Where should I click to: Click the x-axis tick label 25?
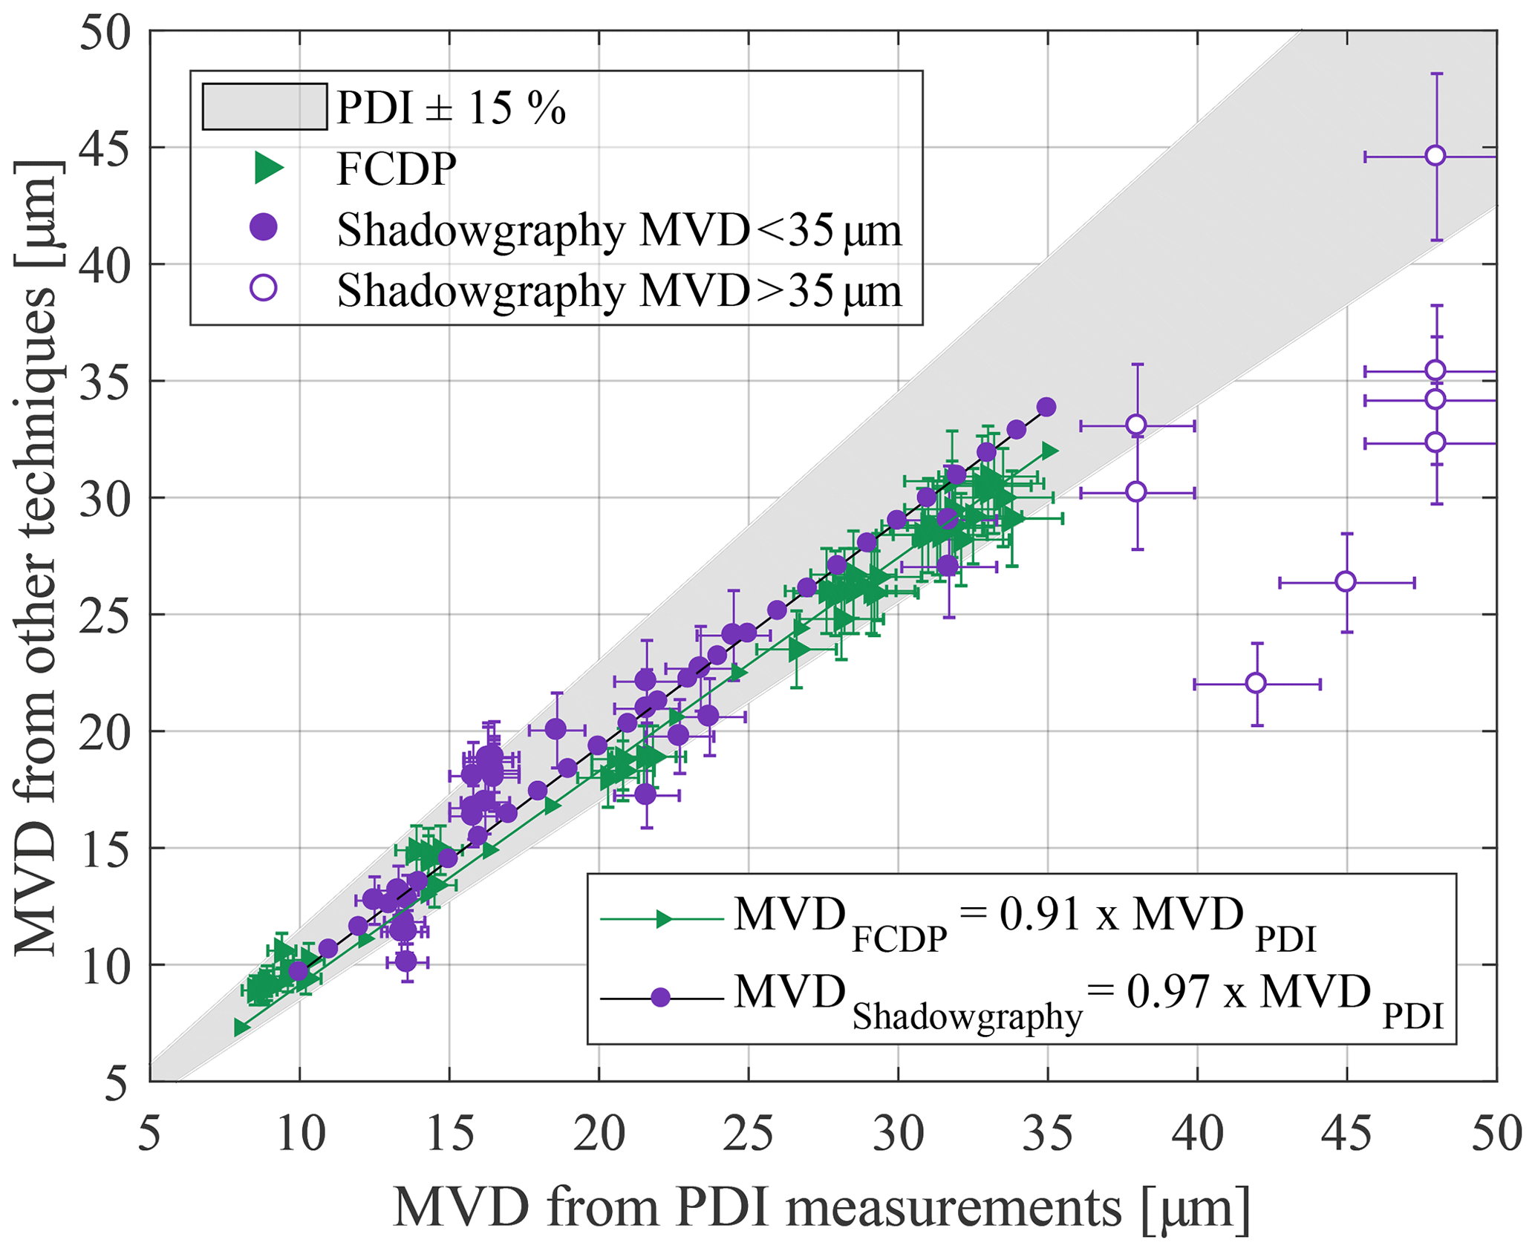tap(749, 1134)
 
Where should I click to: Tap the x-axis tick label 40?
tap(1197, 1134)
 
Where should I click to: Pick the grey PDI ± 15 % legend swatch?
tap(264, 107)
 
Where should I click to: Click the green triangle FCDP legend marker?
tap(268, 169)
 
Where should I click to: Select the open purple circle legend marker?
tap(264, 288)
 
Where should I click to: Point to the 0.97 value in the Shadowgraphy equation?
tap(1167, 993)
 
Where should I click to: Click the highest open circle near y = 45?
tap(1435, 156)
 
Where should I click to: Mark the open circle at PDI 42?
tap(1256, 683)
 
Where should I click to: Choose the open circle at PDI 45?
tap(1346, 582)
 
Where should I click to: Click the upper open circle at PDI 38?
tap(1136, 425)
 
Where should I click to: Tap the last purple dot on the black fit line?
tap(1047, 407)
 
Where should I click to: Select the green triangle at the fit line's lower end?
tap(241, 1028)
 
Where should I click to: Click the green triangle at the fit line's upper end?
tap(1049, 451)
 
